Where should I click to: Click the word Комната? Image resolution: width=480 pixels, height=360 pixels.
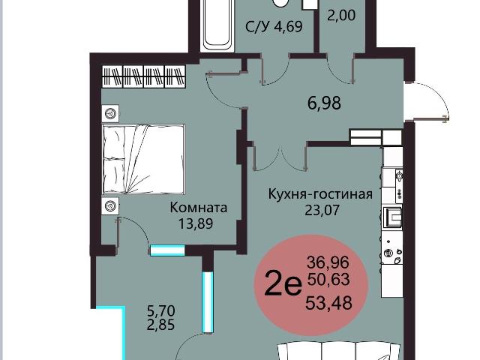[199, 208]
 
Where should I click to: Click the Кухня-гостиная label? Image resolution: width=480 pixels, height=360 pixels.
[321, 195]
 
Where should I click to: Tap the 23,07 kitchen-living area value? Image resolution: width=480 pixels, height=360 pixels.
[321, 210]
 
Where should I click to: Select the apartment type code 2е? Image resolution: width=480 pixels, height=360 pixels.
[283, 284]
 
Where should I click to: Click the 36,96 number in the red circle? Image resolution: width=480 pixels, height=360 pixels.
[328, 262]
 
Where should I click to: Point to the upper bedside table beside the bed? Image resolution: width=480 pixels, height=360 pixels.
[111, 113]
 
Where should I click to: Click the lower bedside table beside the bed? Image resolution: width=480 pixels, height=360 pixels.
[111, 205]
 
